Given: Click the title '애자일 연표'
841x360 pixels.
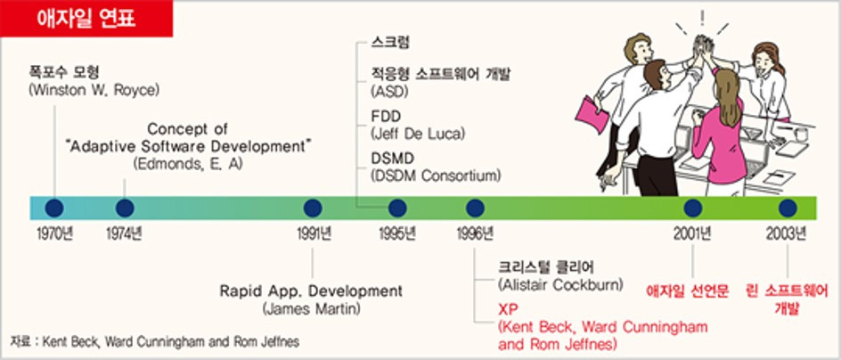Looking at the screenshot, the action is point(86,19).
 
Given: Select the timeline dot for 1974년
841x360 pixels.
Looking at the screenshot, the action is point(125,209).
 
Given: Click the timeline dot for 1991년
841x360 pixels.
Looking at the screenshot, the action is point(313,209).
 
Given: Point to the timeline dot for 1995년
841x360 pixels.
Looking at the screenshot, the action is point(397,209).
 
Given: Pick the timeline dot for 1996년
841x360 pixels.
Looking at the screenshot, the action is point(475,209).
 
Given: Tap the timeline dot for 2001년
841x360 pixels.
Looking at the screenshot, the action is point(693,209).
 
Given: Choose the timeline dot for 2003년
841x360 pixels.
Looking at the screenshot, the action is point(787,209).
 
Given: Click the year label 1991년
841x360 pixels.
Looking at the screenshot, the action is point(314,234).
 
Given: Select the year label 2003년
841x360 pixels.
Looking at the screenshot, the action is point(788,234).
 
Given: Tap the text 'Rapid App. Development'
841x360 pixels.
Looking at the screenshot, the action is point(311,291).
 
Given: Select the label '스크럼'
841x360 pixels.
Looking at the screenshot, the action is point(390,43).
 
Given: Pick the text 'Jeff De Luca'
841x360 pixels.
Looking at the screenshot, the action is point(418,133).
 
